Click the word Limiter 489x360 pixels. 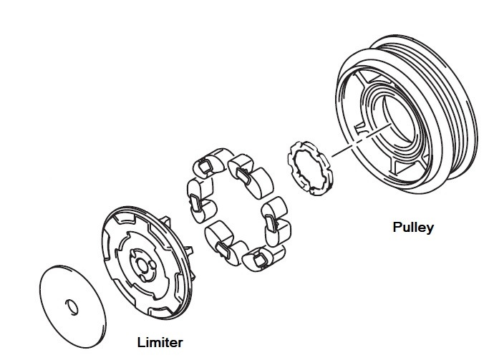(160, 341)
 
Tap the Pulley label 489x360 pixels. (413, 228)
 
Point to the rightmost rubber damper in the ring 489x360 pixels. (275, 218)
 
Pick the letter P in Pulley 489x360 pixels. (397, 228)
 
